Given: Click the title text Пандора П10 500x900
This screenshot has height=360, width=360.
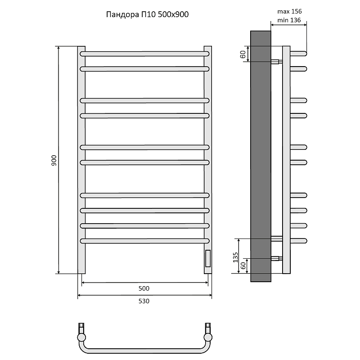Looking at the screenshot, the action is [x=147, y=14].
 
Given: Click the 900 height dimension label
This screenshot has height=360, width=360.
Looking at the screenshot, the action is [x=54, y=161].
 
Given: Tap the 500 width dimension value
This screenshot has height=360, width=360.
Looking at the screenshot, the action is [x=144, y=288].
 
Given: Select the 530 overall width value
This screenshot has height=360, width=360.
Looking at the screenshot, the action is [x=144, y=301].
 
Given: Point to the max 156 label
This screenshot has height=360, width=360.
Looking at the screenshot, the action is [x=289, y=11].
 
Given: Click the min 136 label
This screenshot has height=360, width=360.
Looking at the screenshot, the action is [x=289, y=20].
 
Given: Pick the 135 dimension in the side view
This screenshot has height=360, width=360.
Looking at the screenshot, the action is [x=235, y=257].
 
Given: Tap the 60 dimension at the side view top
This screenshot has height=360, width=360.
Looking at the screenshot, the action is [x=243, y=54].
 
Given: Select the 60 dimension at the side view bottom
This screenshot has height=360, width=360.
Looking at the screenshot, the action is [x=243, y=265].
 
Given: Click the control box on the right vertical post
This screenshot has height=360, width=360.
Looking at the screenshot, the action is [x=208, y=258].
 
